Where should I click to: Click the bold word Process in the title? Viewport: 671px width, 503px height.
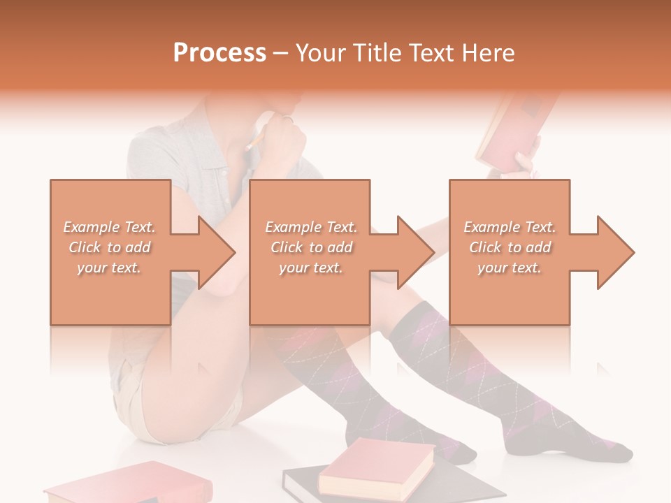(x=219, y=53)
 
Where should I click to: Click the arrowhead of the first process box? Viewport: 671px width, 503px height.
(x=215, y=252)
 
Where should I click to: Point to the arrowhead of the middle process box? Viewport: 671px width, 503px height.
(x=415, y=252)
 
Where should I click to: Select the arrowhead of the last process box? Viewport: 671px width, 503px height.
(x=615, y=252)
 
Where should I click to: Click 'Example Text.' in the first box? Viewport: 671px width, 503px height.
(x=110, y=227)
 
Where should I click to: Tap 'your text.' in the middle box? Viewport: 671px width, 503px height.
(x=310, y=268)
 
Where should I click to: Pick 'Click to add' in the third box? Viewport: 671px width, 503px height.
(x=510, y=247)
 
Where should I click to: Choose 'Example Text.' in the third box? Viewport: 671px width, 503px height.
(x=510, y=227)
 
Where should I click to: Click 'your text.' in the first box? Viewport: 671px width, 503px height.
(x=110, y=268)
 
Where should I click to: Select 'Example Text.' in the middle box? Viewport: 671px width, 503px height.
(x=310, y=227)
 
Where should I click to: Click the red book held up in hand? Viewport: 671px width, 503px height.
(x=510, y=129)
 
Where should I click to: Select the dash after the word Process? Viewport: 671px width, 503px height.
(x=280, y=53)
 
